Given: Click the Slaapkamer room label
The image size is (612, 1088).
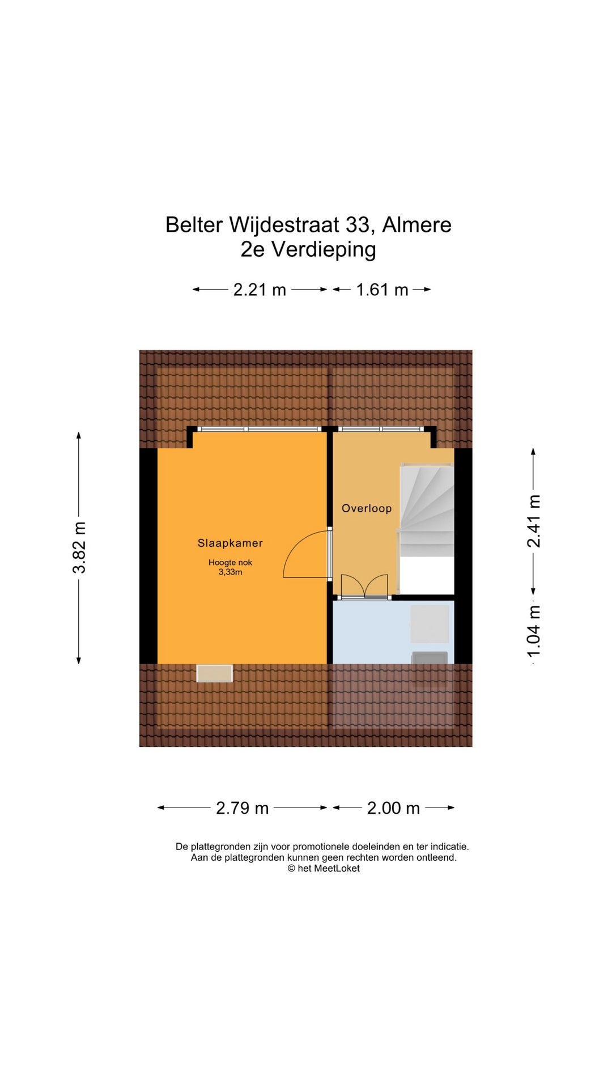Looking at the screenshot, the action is coord(230,543).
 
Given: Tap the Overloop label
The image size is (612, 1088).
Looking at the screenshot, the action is coord(367,508).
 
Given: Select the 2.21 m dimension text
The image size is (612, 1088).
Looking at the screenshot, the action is coord(260,290).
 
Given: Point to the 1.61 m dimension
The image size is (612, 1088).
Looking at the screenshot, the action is coord(382,290).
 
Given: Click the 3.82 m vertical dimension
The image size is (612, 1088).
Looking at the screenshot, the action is coord(79,547).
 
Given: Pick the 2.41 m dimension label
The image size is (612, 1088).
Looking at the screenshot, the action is coord(534,521).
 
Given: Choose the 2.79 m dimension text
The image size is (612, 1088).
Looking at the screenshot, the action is coord(242,808).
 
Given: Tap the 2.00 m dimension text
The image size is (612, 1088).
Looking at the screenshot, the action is coord(393,808).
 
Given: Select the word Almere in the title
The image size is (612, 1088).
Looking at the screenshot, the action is coord(417,225).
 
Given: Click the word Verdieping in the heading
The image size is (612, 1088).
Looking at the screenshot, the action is coord(324,250).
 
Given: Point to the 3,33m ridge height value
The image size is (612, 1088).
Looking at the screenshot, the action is coord(230,572).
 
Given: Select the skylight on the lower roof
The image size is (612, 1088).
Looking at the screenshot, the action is coord(215,673).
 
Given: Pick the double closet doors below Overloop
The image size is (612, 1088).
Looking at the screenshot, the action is coord(364,586).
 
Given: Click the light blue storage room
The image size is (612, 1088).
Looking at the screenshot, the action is coord(393,632).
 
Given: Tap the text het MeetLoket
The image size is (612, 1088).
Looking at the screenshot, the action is coord(329,869).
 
